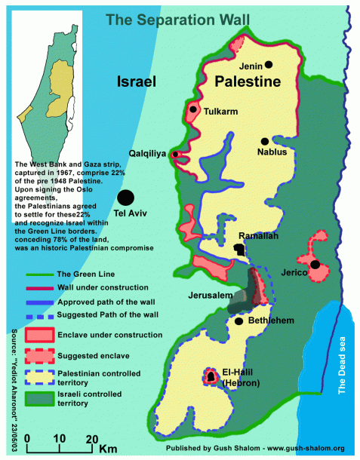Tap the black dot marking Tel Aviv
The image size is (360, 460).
coord(125,198)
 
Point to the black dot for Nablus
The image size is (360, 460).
coord(265,141)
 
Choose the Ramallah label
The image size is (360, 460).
coord(259,236)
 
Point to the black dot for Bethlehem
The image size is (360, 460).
coord(238,321)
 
